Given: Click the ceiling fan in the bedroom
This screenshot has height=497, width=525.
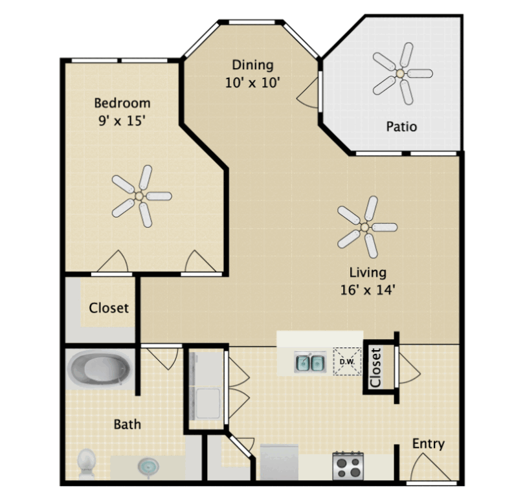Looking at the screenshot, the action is (140, 196).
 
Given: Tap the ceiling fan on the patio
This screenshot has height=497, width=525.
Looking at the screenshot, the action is (401, 73).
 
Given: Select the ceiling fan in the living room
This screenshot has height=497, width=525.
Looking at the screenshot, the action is (365, 227).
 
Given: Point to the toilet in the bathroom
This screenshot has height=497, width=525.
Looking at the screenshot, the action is (86, 463).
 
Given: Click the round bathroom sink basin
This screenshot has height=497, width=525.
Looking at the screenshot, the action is (148, 466).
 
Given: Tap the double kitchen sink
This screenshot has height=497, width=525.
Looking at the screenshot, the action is (310, 362).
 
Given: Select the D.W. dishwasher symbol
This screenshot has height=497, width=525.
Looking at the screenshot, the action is (347, 362).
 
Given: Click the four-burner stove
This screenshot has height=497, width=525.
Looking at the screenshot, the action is (348, 466).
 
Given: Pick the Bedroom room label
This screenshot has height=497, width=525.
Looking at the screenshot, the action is (122, 103).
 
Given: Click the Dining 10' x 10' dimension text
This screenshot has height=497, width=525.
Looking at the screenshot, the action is (252, 83).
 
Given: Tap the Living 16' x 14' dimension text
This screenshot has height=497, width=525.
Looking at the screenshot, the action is (368, 290).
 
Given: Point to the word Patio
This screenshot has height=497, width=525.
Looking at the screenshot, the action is (401, 126).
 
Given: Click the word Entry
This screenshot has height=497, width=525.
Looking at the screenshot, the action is (429, 444).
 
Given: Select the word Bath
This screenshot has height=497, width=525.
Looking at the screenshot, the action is (128, 425).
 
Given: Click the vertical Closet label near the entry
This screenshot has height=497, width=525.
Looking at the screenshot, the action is (375, 368).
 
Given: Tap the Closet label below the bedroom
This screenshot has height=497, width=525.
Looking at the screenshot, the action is (109, 308).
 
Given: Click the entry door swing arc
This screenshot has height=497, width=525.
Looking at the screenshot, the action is (430, 467).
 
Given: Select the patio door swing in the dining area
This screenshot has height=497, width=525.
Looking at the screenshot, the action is (307, 93).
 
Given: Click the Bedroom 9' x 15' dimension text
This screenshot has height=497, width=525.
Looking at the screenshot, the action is (122, 120).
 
